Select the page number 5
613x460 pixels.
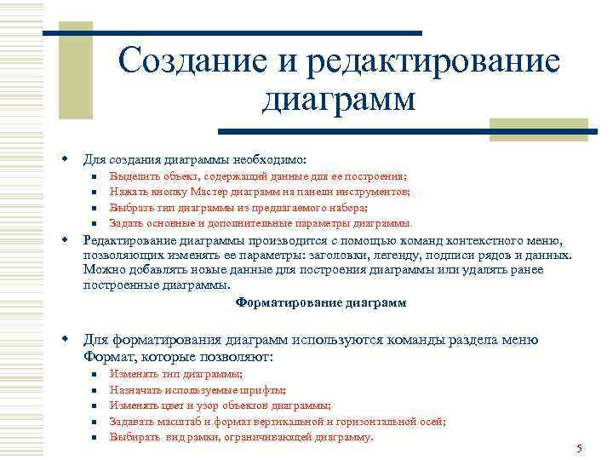(x=578, y=448)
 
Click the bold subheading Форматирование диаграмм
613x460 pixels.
(x=321, y=302)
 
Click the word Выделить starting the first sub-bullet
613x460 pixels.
(x=135, y=177)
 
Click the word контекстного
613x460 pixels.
(x=486, y=240)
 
